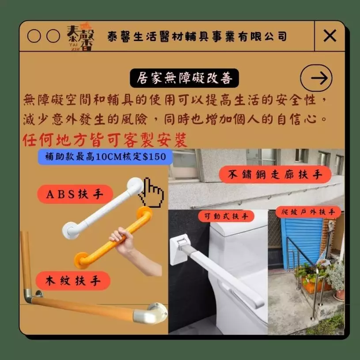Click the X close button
click(x=330, y=36)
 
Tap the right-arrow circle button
click(x=316, y=78)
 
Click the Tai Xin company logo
click(x=81, y=37)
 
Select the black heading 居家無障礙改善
click(x=184, y=78)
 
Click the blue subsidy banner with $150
click(x=105, y=157)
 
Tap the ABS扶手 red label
click(x=75, y=194)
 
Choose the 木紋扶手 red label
click(x=73, y=281)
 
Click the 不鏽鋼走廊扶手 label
click(x=275, y=175)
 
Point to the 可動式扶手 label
click(x=226, y=216)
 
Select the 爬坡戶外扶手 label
click(x=308, y=212)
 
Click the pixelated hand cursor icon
click(x=151, y=192)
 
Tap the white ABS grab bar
click(x=103, y=209)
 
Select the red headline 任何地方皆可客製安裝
click(x=105, y=140)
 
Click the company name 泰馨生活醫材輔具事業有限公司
click(x=197, y=37)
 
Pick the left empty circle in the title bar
click(x=34, y=36)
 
